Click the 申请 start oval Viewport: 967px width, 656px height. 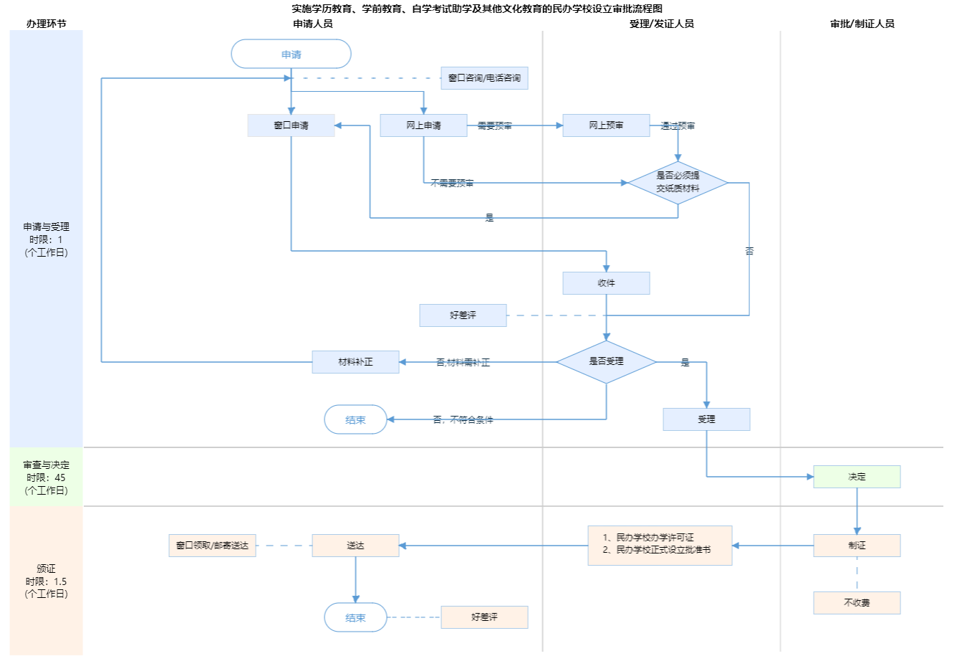click(291, 54)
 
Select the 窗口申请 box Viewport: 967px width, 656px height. click(291, 125)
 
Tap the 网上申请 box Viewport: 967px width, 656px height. click(423, 125)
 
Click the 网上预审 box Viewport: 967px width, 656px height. click(606, 125)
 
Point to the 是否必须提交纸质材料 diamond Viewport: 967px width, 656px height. click(678, 182)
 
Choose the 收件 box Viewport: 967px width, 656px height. click(606, 283)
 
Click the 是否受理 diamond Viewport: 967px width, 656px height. click(606, 361)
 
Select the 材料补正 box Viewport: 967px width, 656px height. click(355, 362)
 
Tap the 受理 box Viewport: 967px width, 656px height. click(706, 419)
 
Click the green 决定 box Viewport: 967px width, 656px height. click(857, 477)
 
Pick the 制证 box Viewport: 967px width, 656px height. click(857, 546)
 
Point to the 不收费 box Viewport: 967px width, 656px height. click(857, 603)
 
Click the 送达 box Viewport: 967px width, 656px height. click(355, 546)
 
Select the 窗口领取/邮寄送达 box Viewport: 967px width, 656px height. click(212, 546)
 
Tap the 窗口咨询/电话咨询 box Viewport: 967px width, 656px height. click(484, 78)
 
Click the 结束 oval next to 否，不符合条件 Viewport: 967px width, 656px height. click(355, 420)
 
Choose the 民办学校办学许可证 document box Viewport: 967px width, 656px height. click(660, 546)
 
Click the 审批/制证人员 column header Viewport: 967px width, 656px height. click(862, 24)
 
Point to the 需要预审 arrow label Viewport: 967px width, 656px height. click(494, 126)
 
